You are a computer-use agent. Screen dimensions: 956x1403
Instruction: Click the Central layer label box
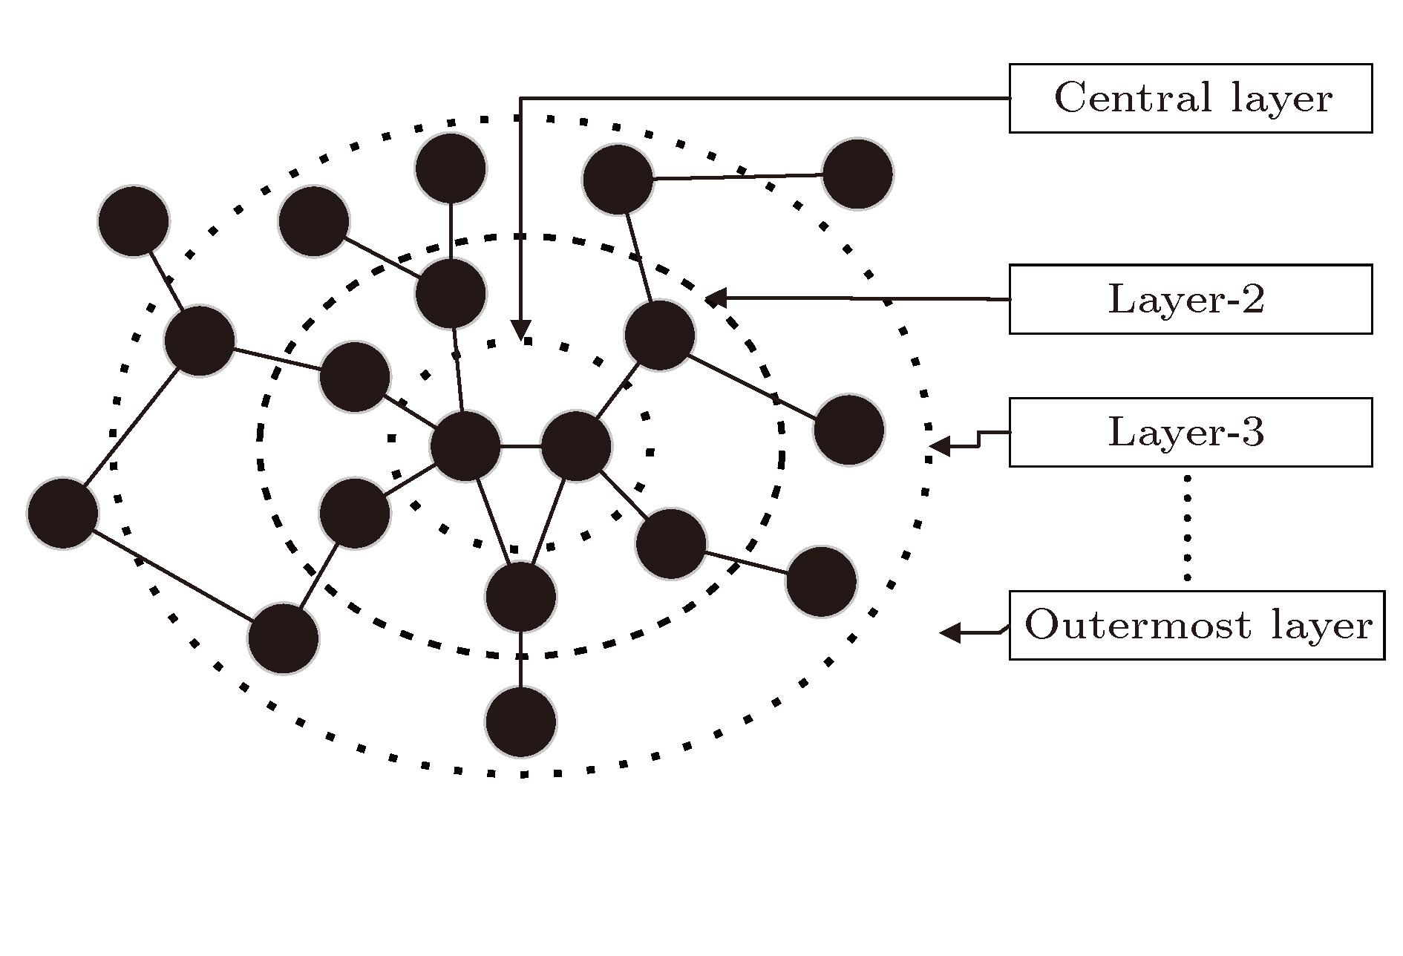pyautogui.click(x=1190, y=98)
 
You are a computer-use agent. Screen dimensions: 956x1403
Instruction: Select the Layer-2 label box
pyautogui.click(x=1190, y=299)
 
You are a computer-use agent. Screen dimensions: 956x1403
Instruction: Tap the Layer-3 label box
pyautogui.click(x=1190, y=432)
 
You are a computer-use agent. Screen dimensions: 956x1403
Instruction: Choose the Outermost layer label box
pyautogui.click(x=1197, y=625)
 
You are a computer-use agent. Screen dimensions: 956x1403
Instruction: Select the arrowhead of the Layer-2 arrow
pyautogui.click(x=714, y=298)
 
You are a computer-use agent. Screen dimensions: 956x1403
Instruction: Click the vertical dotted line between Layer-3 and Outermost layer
pyautogui.click(x=1186, y=528)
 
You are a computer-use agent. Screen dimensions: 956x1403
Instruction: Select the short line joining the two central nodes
pyautogui.click(x=520, y=447)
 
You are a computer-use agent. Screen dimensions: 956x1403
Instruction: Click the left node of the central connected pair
pyautogui.click(x=465, y=446)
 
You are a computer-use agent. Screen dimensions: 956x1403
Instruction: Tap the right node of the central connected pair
pyautogui.click(x=576, y=446)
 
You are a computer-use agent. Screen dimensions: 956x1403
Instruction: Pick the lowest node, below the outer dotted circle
pyautogui.click(x=520, y=721)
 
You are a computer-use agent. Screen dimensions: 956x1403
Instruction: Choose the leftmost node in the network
pyautogui.click(x=63, y=513)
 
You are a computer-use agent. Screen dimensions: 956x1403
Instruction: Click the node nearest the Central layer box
pyautogui.click(x=857, y=174)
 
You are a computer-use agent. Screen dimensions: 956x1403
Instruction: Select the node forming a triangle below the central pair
pyautogui.click(x=520, y=597)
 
